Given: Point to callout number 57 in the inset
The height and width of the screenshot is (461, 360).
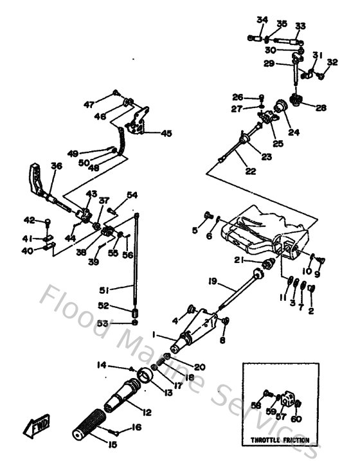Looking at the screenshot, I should [x=280, y=417].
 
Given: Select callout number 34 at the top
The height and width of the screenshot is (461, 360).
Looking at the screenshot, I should [x=261, y=20].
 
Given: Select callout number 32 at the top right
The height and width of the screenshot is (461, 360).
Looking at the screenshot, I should [x=332, y=62].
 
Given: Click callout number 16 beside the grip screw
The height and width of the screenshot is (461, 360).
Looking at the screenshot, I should [x=135, y=427].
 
